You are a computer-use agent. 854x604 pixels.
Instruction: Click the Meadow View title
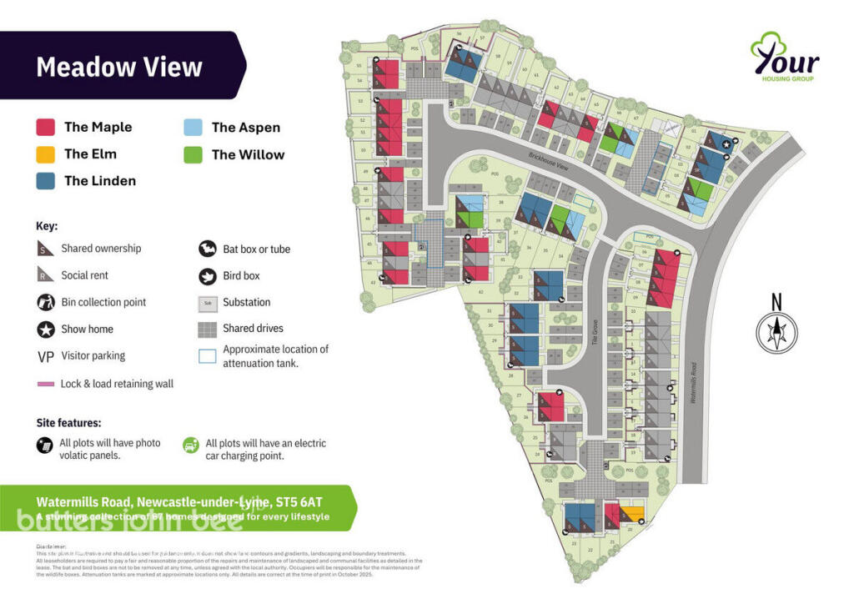coord(119,66)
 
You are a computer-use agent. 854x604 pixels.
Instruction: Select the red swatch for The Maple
coord(46,127)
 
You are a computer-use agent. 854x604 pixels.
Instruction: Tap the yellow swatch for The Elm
coord(46,154)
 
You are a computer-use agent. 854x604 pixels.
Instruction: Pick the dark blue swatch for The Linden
coord(46,180)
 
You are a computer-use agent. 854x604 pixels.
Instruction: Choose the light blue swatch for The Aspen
coord(193,128)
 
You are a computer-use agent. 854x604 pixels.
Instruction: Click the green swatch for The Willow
coord(193,154)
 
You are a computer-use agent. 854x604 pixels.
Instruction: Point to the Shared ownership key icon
coord(46,249)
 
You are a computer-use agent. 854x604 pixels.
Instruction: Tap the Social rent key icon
coord(46,275)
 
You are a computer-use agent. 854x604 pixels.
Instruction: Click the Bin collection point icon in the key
coord(46,302)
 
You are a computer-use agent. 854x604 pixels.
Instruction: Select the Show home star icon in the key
coord(46,329)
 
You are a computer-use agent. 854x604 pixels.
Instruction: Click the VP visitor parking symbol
coord(46,356)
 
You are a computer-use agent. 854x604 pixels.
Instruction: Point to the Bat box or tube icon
coord(208,249)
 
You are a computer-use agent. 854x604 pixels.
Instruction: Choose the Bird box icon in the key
coord(208,275)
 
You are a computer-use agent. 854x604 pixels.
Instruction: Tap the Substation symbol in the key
coord(208,303)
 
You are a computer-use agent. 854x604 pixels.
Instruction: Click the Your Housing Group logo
coord(784,58)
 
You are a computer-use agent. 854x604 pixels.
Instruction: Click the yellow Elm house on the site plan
coord(632,513)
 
